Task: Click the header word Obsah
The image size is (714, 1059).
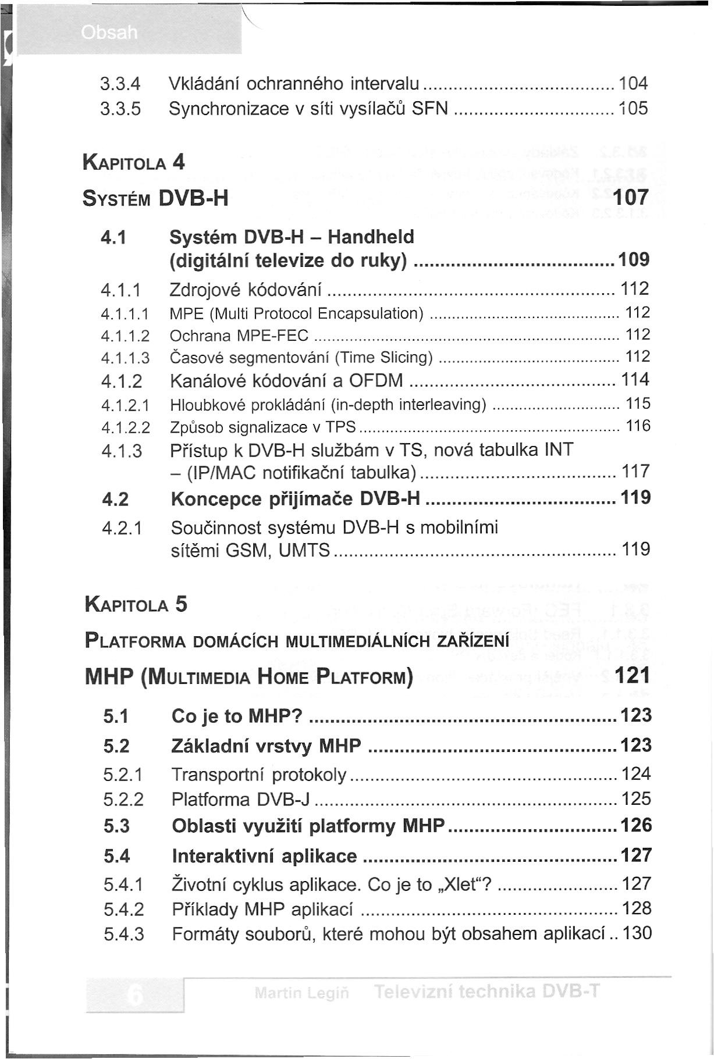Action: pyautogui.click(x=111, y=33)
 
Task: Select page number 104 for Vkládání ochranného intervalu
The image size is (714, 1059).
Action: pyautogui.click(x=633, y=84)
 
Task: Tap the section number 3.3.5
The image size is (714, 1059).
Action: pyautogui.click(x=120, y=109)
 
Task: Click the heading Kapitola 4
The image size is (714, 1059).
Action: pyautogui.click(x=134, y=162)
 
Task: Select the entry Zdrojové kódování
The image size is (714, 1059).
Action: pyautogui.click(x=246, y=289)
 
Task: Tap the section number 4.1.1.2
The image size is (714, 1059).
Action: pyautogui.click(x=125, y=336)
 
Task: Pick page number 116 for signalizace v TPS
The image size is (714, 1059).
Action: pyautogui.click(x=638, y=426)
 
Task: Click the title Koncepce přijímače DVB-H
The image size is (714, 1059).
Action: pyautogui.click(x=296, y=499)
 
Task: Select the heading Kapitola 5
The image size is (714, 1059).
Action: pyautogui.click(x=136, y=605)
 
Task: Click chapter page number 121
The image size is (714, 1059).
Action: pyautogui.click(x=632, y=675)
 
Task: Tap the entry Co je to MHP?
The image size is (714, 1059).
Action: pyautogui.click(x=237, y=716)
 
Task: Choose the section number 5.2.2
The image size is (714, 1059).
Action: pyautogui.click(x=123, y=800)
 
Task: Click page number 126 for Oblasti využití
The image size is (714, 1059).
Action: pyautogui.click(x=637, y=826)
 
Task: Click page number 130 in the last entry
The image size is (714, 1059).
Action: pyautogui.click(x=637, y=934)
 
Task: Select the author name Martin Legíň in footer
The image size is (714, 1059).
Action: pyautogui.click(x=301, y=993)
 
